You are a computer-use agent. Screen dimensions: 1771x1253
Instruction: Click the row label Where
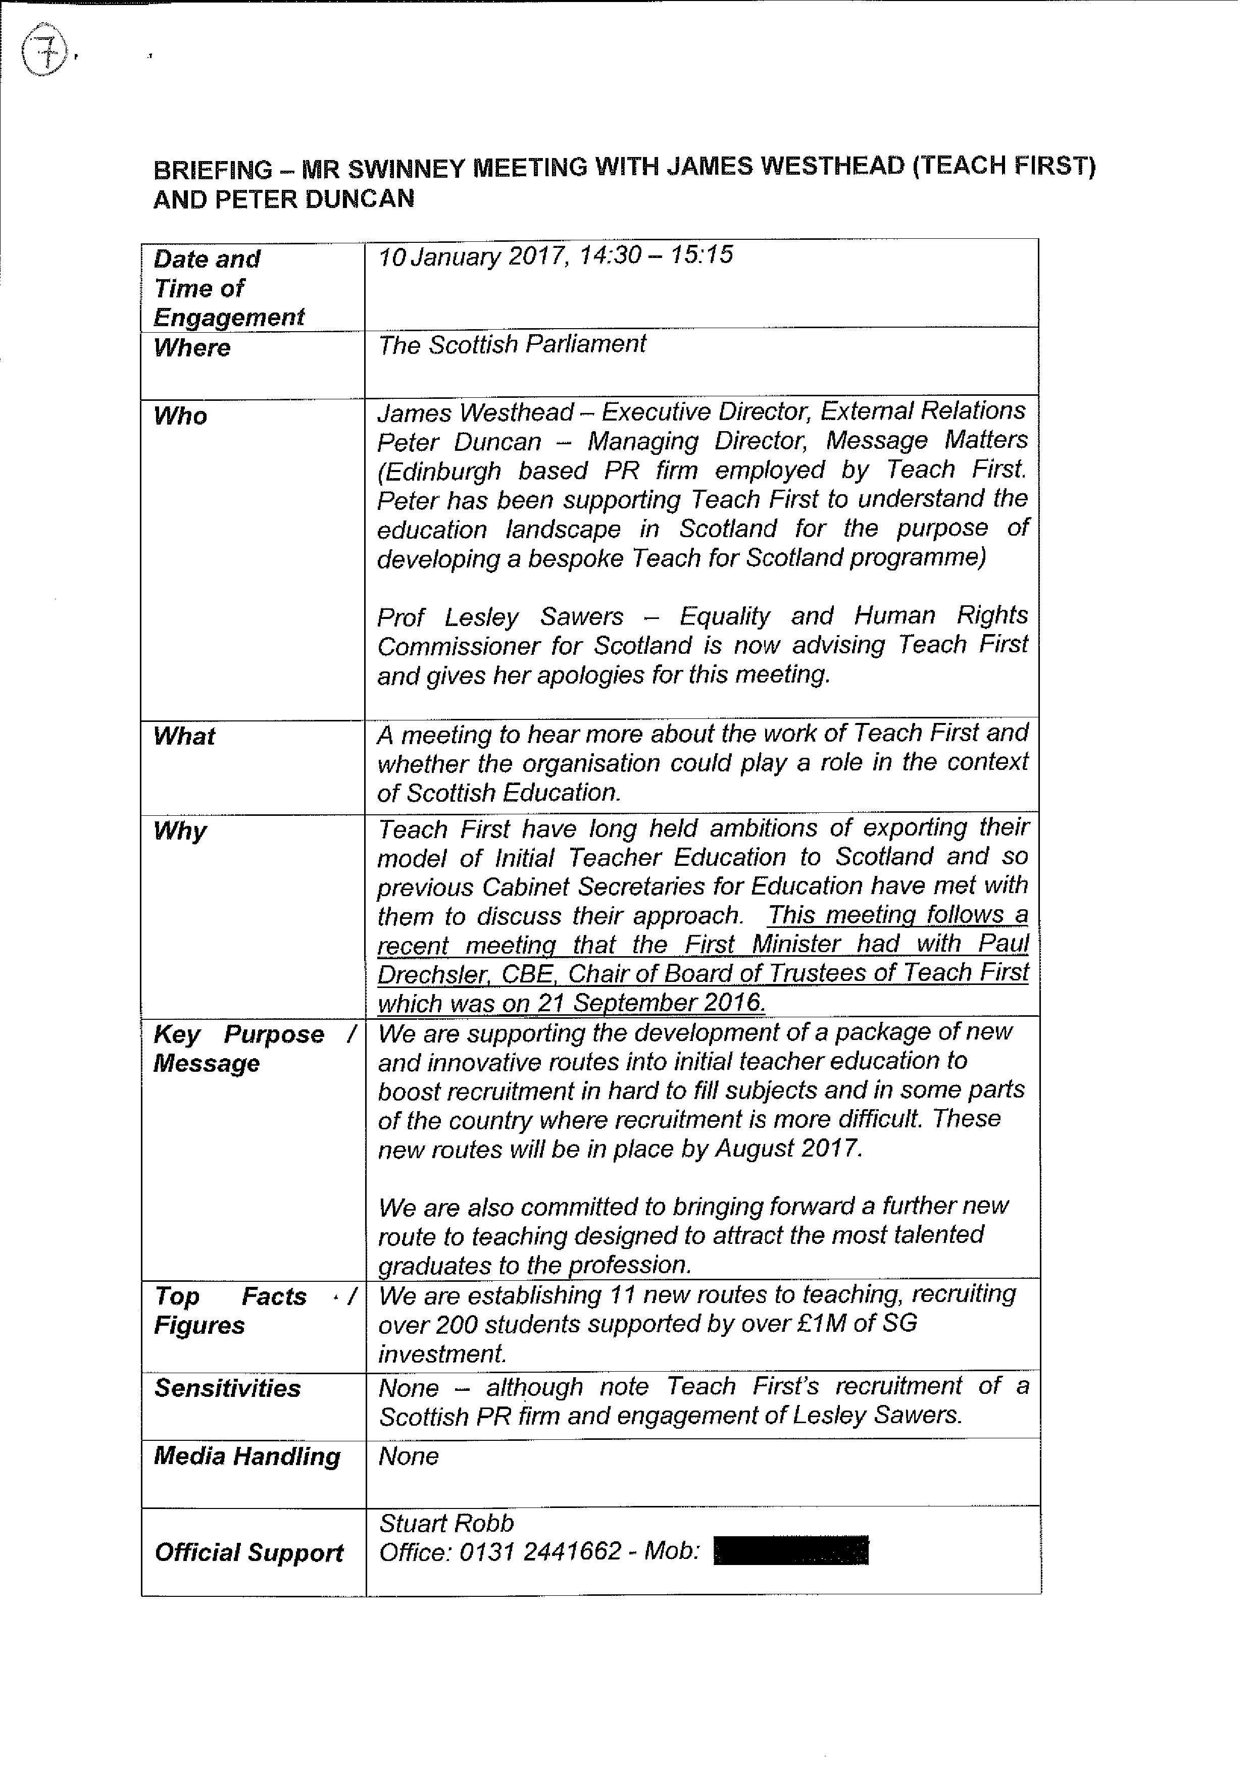click(x=192, y=348)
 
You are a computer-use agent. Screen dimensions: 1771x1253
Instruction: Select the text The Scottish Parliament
click(x=512, y=344)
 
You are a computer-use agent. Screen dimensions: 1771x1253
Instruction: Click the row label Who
click(x=180, y=416)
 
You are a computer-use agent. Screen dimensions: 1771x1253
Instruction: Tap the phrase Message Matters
click(x=926, y=440)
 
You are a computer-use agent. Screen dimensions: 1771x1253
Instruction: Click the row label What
click(x=184, y=736)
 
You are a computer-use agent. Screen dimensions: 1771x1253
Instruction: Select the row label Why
click(x=180, y=831)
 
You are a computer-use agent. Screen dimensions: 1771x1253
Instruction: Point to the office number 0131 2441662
click(x=540, y=1551)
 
